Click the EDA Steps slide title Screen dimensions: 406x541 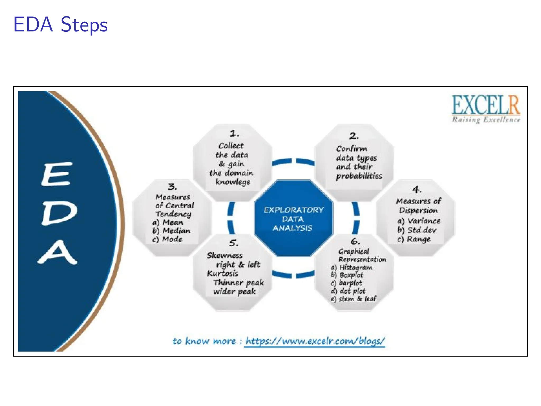coord(60,25)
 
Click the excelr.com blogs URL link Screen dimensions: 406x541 coord(315,341)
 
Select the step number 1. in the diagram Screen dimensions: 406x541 coord(234,133)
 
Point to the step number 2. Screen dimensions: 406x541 coord(354,136)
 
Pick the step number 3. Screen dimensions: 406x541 coord(172,187)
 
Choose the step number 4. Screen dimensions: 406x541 coord(417,189)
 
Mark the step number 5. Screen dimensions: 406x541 coord(234,243)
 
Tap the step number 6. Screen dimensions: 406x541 coord(355,241)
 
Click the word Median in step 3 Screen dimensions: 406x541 coord(176,231)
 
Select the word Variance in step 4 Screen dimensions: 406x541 coord(424,221)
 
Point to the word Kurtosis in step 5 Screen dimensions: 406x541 coord(222,273)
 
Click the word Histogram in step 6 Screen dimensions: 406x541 coord(356,267)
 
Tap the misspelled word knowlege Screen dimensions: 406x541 coord(233,182)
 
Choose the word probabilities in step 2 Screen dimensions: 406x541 coord(359,176)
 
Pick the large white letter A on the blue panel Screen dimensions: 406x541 coord(58,252)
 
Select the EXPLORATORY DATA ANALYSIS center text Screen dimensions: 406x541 coord(293,219)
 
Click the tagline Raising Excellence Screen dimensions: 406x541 coord(486,120)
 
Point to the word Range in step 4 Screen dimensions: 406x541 coord(419,239)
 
